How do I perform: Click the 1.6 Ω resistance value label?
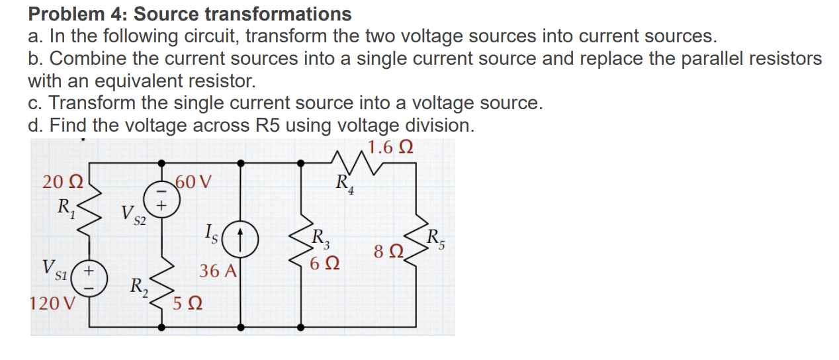pyautogui.click(x=390, y=147)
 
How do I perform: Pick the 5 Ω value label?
pyautogui.click(x=187, y=306)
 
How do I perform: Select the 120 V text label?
pyautogui.click(x=53, y=304)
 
